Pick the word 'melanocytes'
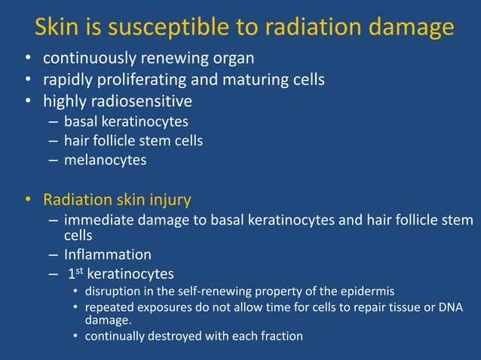tap(105, 160)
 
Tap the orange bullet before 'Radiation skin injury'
tap(27, 201)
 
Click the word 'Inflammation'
tap(108, 255)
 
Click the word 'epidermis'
tap(366, 291)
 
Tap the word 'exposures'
tap(167, 307)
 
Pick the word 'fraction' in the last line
tap(280, 336)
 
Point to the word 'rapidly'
tap(68, 79)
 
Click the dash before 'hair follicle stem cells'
tap(52, 140)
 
